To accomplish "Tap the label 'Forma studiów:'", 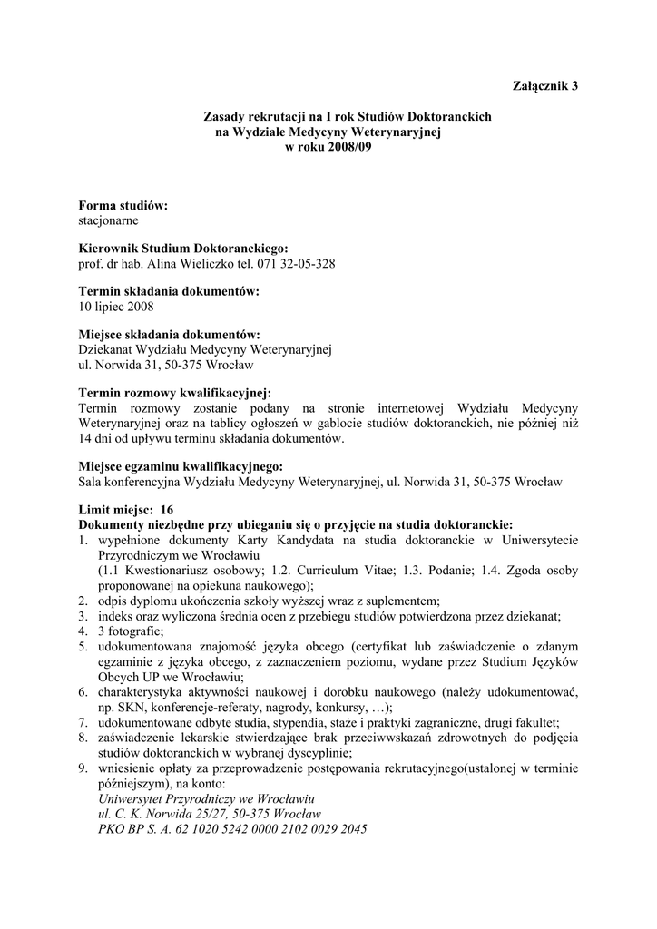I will [123, 206].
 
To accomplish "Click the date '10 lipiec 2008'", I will [116, 306].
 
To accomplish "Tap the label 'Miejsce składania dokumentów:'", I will [170, 335].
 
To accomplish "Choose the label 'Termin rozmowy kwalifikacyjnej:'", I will [175, 393].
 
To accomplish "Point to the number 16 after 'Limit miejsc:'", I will [166, 510].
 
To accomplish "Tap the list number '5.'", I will [83, 646].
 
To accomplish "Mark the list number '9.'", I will [83, 768].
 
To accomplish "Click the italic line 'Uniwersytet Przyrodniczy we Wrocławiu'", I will [205, 798].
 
